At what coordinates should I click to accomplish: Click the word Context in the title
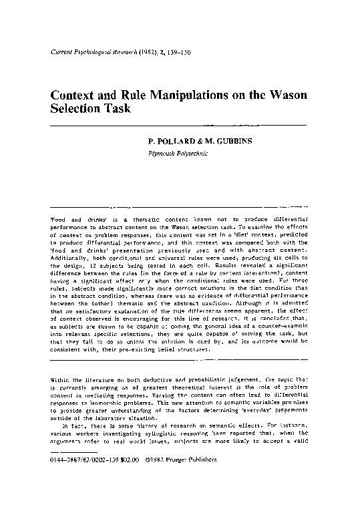pyautogui.click(x=75, y=94)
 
